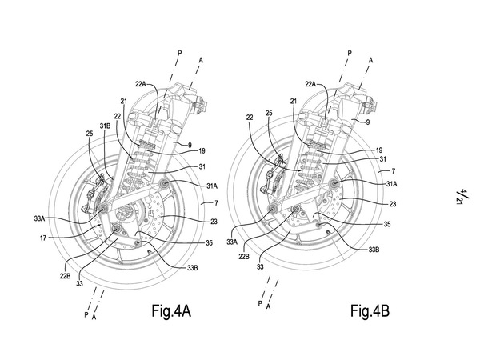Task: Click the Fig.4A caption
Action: [171, 311]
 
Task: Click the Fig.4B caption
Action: [370, 311]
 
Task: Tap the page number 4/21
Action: [460, 197]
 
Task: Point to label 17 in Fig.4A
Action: [43, 238]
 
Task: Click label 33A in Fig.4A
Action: [40, 218]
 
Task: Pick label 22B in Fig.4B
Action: [244, 257]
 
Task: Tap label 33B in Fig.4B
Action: [374, 250]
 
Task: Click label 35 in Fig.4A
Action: [209, 243]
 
